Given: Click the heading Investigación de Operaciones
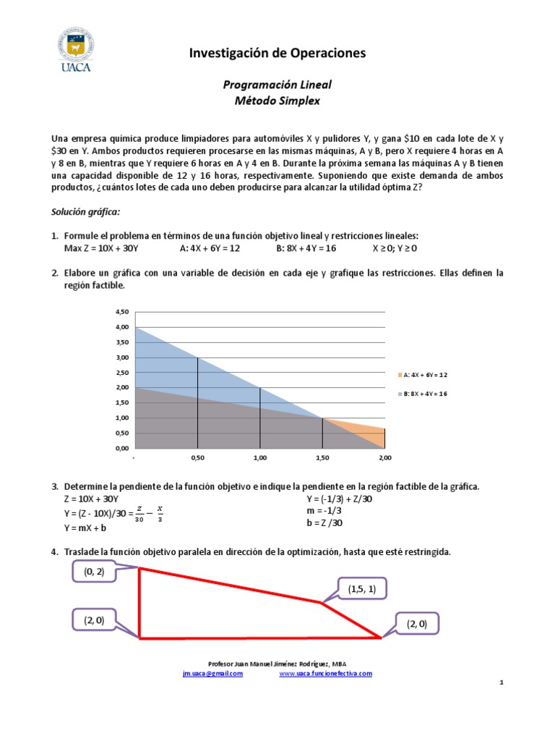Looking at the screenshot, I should [277, 53].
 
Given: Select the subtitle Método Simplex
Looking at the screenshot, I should [277, 101].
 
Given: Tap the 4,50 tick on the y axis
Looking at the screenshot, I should [121, 312].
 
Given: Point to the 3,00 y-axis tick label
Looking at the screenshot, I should [121, 357].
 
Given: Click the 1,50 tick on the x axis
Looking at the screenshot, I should [322, 458].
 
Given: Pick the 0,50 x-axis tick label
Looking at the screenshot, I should [197, 458].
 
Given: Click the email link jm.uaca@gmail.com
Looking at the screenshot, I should [212, 673].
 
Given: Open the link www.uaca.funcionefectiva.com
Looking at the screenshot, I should [325, 673].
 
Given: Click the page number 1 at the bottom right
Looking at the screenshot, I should [501, 683].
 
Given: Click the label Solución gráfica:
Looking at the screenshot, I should [85, 212].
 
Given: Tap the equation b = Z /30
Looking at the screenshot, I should [324, 523].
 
